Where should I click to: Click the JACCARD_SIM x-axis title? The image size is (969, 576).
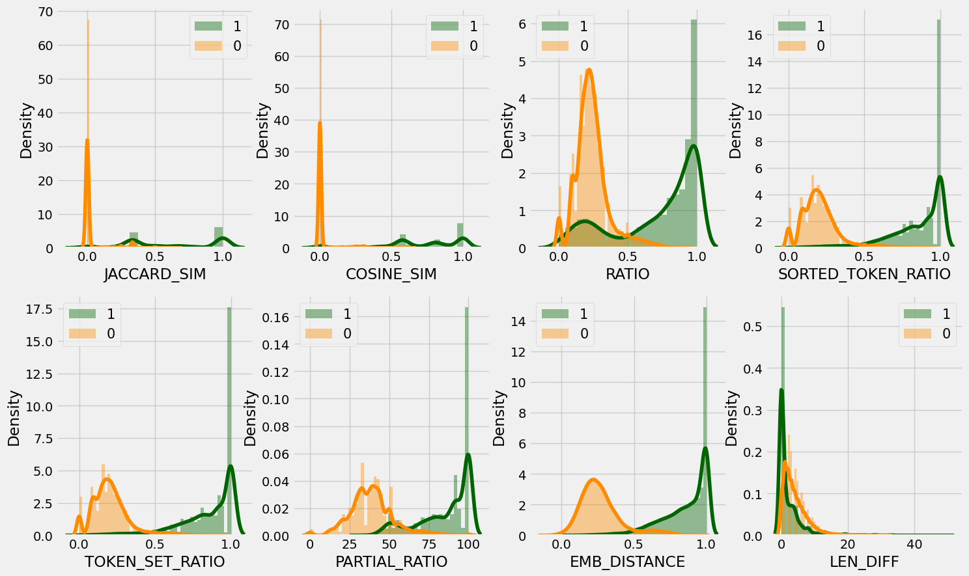coord(155,275)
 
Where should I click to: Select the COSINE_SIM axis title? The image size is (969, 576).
coord(391,275)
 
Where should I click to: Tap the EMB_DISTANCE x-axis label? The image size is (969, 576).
coord(628,562)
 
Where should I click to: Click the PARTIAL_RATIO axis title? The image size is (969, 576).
coord(391,562)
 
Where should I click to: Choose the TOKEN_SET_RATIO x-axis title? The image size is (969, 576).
coord(155,562)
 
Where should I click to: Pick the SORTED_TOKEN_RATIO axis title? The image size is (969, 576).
coord(864,275)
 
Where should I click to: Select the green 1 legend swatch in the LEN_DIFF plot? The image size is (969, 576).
coord(918,314)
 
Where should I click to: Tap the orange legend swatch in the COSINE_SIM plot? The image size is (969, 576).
coord(445,46)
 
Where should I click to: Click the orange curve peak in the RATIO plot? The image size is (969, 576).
coord(589,69)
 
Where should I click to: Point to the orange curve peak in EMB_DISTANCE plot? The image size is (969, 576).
coord(594,480)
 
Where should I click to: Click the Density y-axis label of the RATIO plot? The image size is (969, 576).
coord(507,130)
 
